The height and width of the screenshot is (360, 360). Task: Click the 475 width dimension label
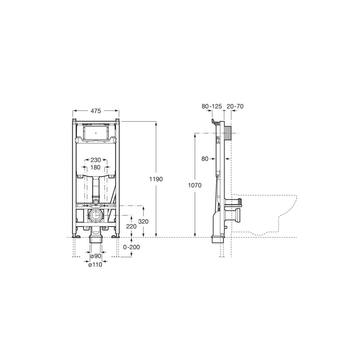pyautogui.click(x=96, y=111)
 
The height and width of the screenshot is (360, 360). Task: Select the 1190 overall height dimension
pyautogui.click(x=156, y=179)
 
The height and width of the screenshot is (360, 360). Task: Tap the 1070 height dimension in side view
pyautogui.click(x=195, y=185)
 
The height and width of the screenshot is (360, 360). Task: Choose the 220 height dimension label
pyautogui.click(x=131, y=226)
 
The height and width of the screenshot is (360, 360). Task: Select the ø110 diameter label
pyautogui.click(x=96, y=264)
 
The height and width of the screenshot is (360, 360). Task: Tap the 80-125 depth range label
pyautogui.click(x=211, y=106)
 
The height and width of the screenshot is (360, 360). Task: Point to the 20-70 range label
pyautogui.click(x=235, y=106)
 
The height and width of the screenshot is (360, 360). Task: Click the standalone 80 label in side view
pyautogui.click(x=205, y=159)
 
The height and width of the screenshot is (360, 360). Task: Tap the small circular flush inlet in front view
pyautogui.click(x=96, y=201)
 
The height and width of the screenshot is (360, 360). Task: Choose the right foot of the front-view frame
pyautogui.click(x=115, y=236)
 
